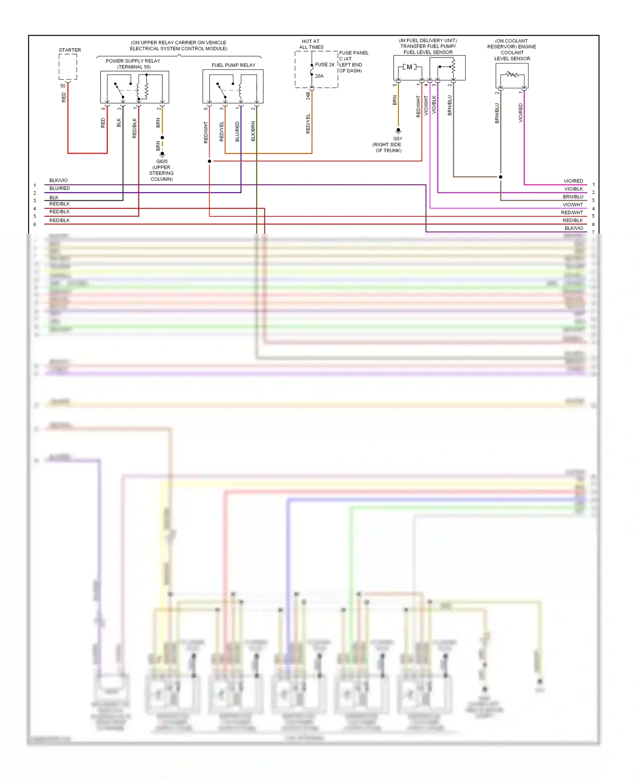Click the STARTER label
point(70,50)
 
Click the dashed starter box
point(68,67)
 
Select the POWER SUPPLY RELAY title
point(133,61)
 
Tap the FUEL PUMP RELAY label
point(233,65)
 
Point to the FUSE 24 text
point(325,65)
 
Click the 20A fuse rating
point(319,76)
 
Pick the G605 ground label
point(162,162)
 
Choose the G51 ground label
point(397,139)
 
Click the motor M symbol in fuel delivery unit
point(409,67)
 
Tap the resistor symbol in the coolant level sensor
point(512,75)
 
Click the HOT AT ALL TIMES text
point(311,44)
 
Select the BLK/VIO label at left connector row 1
point(58,181)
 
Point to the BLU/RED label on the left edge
point(60,188)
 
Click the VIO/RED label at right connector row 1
point(573,181)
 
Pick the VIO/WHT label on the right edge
point(573,205)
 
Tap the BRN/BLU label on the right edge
point(573,197)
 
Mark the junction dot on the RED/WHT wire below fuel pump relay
point(209,161)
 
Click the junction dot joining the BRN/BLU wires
point(501,177)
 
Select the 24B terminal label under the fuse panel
point(308,96)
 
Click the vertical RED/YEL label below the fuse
point(308,124)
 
